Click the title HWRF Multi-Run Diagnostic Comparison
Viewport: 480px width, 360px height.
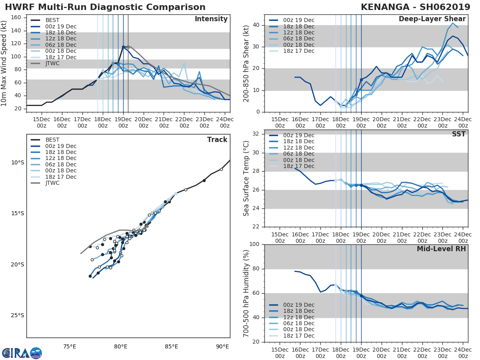pyautogui.click(x=105, y=7)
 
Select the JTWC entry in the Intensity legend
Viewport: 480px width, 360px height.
pyautogui.click(x=52, y=63)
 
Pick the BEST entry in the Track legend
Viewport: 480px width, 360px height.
pyautogui.click(x=52, y=140)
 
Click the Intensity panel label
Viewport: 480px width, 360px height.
pyautogui.click(x=211, y=19)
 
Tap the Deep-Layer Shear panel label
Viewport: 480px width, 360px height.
pyautogui.click(x=432, y=19)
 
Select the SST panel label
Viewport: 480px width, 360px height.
pyautogui.click(x=458, y=134)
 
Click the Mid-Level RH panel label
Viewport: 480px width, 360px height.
pyautogui.click(x=441, y=249)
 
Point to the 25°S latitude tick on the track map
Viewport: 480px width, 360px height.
pyautogui.click(x=18, y=315)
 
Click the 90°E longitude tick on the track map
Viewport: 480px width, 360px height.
pyautogui.click(x=222, y=346)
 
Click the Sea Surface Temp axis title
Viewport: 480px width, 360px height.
pyautogui.click(x=246, y=178)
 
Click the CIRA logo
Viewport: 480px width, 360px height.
pyautogui.click(x=22, y=353)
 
